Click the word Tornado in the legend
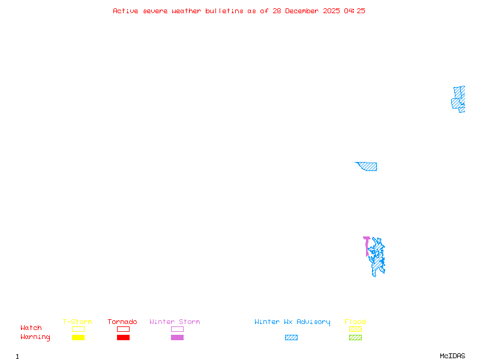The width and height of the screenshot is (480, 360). click(122, 322)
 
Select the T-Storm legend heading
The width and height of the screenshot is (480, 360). click(77, 322)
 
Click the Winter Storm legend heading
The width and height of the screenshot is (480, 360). click(175, 322)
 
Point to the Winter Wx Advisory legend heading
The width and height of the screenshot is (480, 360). click(292, 322)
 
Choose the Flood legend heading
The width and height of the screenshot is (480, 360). click(355, 322)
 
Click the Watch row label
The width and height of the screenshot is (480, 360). click(31, 328)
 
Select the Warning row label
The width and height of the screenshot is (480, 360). click(35, 337)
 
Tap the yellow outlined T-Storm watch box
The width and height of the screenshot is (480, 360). click(78, 329)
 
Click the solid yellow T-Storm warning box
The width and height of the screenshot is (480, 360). click(78, 337)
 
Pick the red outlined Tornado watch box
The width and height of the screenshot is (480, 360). click(123, 329)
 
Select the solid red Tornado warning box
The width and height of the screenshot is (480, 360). click(123, 337)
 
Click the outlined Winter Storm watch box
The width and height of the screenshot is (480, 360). click(177, 329)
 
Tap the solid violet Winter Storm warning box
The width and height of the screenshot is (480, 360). click(177, 337)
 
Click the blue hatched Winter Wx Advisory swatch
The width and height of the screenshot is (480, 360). click(291, 337)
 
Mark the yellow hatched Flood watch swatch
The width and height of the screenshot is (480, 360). click(355, 329)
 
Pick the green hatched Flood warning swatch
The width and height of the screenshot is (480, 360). click(355, 337)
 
